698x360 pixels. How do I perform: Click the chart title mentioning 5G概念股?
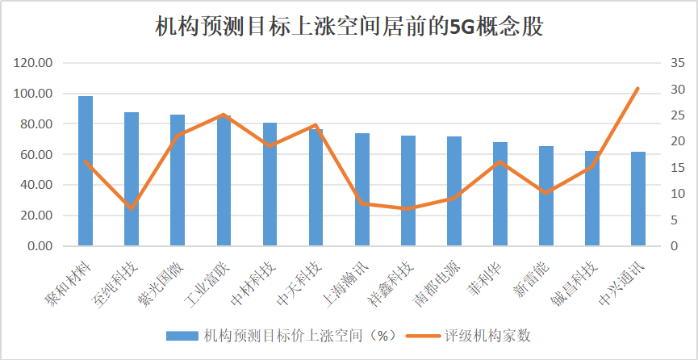tap(349, 27)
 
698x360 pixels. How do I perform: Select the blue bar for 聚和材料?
tap(86, 170)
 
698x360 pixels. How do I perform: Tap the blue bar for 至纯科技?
tap(132, 178)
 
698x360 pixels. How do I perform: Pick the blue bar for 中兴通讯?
tap(638, 199)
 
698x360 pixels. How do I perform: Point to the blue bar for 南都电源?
tap(454, 191)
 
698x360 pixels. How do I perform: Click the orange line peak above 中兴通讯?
tap(638, 88)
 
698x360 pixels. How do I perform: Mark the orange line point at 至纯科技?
tap(132, 209)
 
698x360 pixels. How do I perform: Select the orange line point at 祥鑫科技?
tap(408, 209)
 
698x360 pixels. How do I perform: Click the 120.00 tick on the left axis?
tap(35, 63)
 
